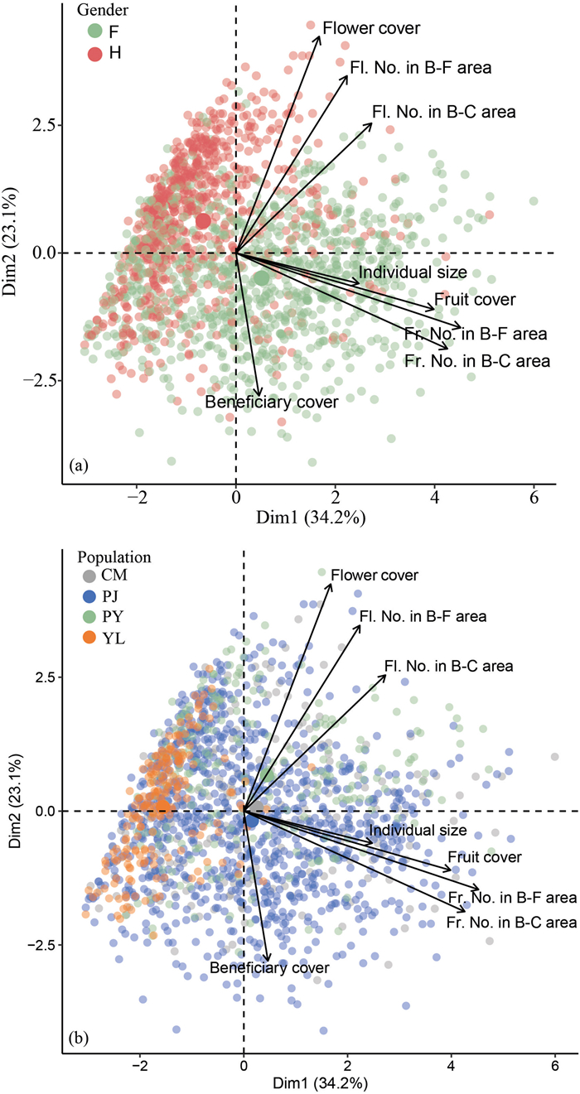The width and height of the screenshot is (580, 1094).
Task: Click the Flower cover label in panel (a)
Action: point(371,28)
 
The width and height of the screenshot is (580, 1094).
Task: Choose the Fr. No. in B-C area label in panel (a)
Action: point(477,360)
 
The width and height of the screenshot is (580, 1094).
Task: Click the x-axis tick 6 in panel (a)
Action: point(533,499)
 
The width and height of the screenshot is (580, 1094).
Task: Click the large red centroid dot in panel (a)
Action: point(203,221)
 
